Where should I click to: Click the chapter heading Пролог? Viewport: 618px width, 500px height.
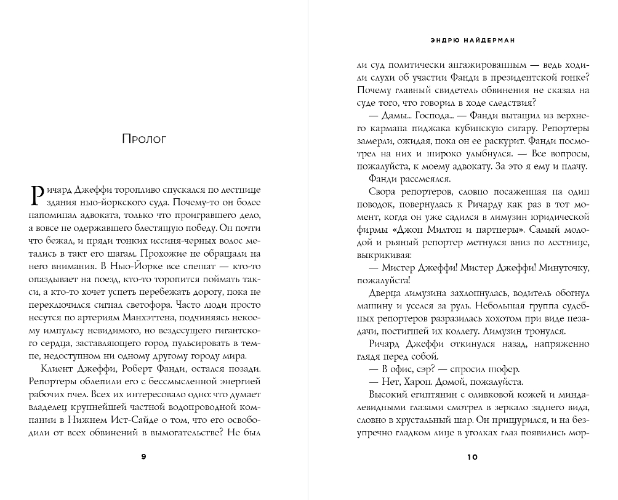tap(144, 139)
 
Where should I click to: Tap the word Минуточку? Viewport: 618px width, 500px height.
tap(563, 270)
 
